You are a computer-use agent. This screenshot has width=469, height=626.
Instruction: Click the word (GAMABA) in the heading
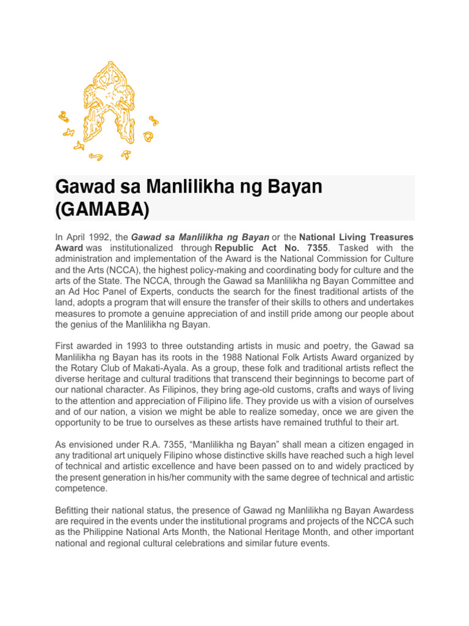102,209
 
